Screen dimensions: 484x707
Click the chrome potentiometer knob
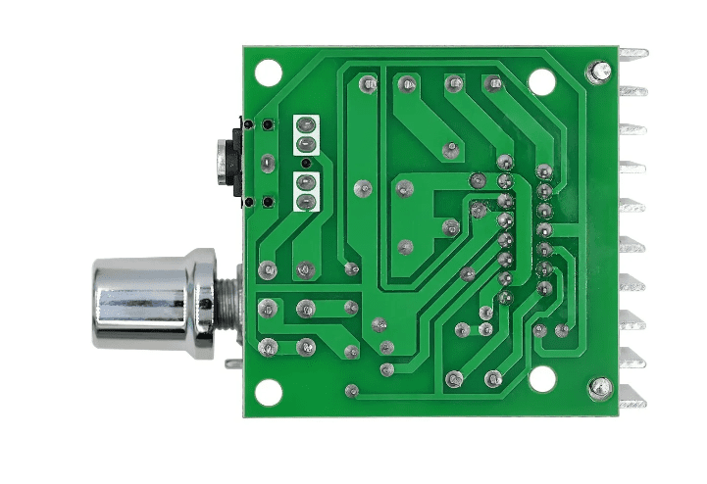pyautogui.click(x=137, y=302)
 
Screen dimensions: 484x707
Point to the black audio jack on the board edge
pyautogui.click(x=225, y=162)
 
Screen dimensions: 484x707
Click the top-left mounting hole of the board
pyautogui.click(x=268, y=73)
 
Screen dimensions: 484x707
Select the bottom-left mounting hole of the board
pyautogui.click(x=268, y=392)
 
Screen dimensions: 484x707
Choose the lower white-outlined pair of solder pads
pyautogui.click(x=307, y=193)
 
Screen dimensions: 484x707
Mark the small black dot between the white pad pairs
pyautogui.click(x=306, y=163)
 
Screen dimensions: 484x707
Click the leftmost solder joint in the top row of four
pyautogui.click(x=368, y=84)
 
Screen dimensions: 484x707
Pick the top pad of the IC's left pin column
pyautogui.click(x=505, y=162)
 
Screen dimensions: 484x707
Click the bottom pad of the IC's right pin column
pyautogui.click(x=544, y=287)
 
